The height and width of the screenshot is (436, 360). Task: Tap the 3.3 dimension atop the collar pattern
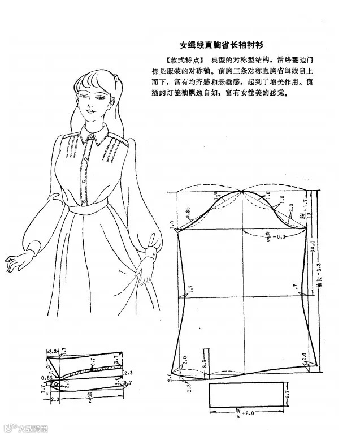[54, 351]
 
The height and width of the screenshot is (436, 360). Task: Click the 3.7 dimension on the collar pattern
[116, 359]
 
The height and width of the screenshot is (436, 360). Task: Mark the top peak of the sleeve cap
[244, 191]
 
